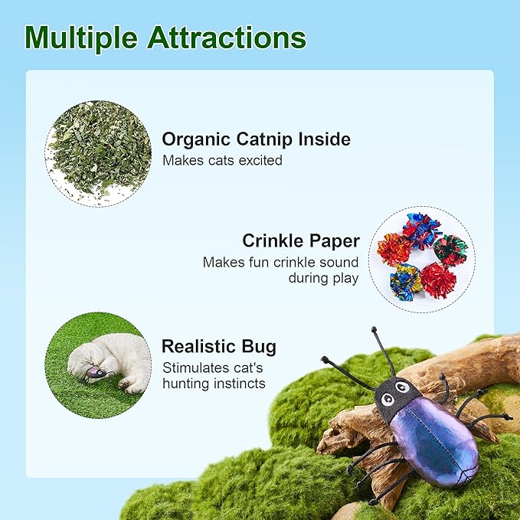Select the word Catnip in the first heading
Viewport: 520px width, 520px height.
coord(275,139)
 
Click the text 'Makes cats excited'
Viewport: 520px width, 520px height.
coord(222,161)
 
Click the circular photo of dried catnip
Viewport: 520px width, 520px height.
coord(98,153)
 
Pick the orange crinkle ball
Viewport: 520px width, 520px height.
coord(395,249)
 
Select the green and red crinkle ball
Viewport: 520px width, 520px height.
coord(450,250)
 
